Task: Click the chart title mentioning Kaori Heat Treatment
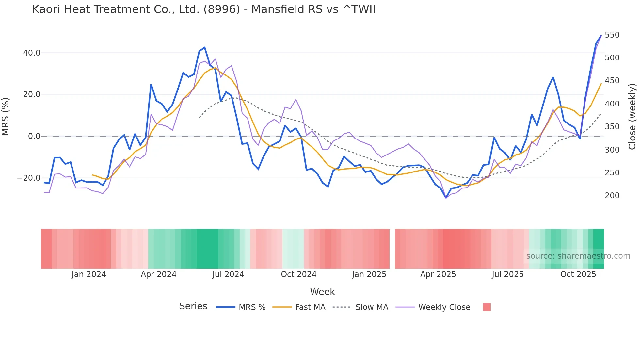[x=204, y=9]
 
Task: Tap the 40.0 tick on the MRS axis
[x=32, y=53]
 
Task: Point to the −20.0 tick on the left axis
[x=29, y=178]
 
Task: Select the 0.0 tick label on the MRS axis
[x=34, y=136]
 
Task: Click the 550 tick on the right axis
[x=612, y=35]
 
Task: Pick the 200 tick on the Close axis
[x=612, y=196]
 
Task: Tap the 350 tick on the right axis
[x=612, y=127]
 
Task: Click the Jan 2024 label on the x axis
[x=89, y=274]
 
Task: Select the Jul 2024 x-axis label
[x=228, y=274]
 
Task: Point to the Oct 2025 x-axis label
[x=578, y=274]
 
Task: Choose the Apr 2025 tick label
[x=438, y=274]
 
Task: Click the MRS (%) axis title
[x=6, y=117]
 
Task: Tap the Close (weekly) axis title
[x=632, y=117]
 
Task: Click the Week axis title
[x=322, y=292]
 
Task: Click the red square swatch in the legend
[x=487, y=307]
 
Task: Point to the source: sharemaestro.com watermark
[x=578, y=256]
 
